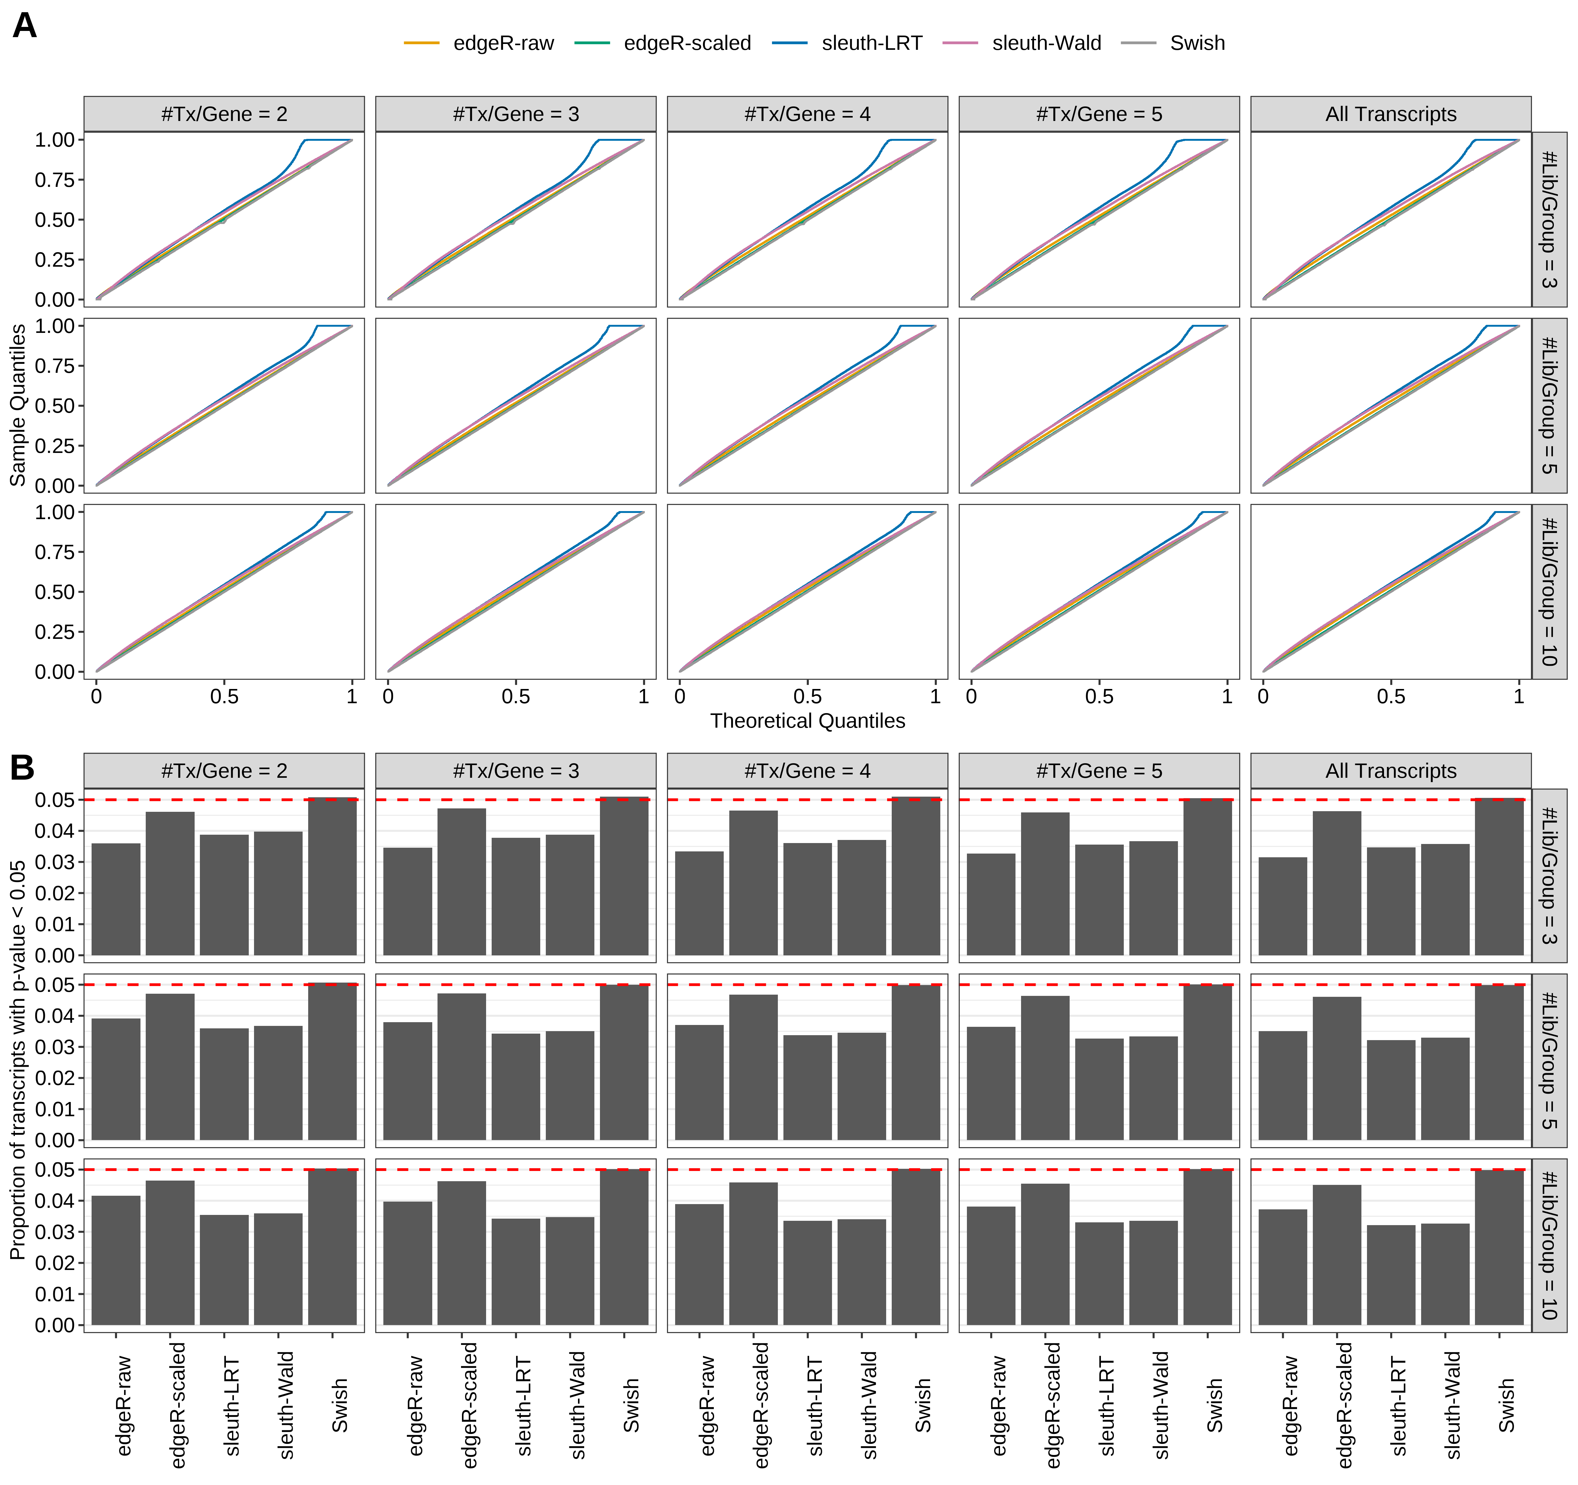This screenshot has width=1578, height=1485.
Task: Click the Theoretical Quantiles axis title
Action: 807,721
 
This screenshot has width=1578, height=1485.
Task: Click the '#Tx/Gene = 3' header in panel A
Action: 516,114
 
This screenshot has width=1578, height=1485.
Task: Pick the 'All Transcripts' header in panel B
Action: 1391,771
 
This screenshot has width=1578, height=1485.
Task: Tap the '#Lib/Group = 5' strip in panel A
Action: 1549,406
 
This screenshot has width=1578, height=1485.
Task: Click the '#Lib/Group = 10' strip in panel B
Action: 1549,1245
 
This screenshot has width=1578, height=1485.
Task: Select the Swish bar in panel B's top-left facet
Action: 333,876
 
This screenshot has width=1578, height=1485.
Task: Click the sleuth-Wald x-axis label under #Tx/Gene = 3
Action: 577,1405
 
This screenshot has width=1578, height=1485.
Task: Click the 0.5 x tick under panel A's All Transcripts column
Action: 1391,697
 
